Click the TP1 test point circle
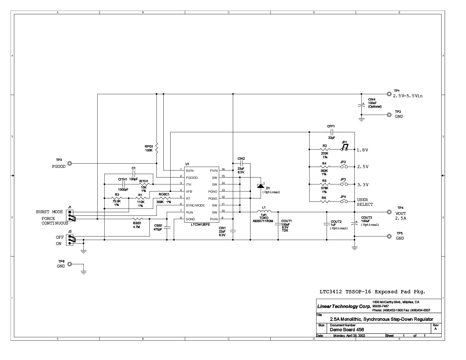click(389, 94)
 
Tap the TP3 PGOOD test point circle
click(69, 164)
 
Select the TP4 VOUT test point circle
click(389, 212)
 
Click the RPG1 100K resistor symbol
click(157, 148)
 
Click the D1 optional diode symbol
click(261, 186)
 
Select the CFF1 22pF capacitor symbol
click(331, 132)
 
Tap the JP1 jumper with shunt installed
click(344, 148)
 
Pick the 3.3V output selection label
click(363, 185)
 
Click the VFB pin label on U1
click(189, 191)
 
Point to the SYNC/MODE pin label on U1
click(195, 205)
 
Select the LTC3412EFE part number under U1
click(200, 224)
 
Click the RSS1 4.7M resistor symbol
click(137, 219)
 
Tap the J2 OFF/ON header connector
click(70, 240)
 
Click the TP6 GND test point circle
click(69, 264)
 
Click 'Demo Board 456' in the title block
click(347, 329)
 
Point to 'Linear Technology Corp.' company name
click(344, 306)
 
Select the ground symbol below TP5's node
click(355, 248)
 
